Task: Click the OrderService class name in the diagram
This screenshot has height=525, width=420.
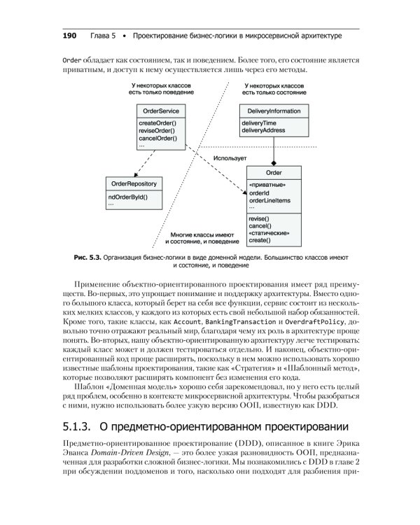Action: [160, 111]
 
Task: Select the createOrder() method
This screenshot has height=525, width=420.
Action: [157, 124]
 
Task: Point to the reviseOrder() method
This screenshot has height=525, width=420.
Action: [157, 131]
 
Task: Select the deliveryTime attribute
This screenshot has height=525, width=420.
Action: [260, 124]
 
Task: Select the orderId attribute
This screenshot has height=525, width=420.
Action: [259, 192]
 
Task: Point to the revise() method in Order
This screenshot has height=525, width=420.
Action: [259, 219]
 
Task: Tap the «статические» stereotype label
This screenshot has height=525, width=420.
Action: [269, 233]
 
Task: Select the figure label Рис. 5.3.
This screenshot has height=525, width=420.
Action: [87, 258]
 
